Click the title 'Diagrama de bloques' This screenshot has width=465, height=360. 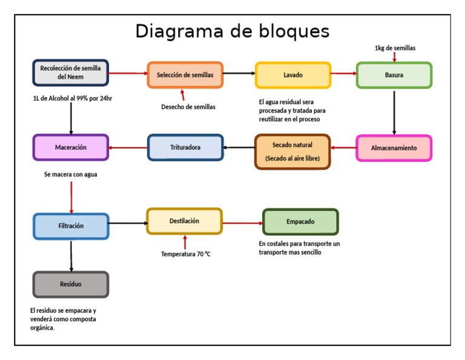click(x=232, y=31)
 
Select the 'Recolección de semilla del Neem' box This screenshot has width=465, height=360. click(x=71, y=73)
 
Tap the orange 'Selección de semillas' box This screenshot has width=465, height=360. click(x=185, y=75)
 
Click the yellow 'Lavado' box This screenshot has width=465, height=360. click(x=293, y=75)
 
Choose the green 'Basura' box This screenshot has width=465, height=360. click(x=394, y=75)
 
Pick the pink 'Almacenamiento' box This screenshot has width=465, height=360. click(x=394, y=148)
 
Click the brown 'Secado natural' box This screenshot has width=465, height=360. click(x=292, y=152)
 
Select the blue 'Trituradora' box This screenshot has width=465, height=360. click(x=185, y=147)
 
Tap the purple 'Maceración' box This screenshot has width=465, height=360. click(x=71, y=147)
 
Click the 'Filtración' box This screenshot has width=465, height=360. click(x=71, y=226)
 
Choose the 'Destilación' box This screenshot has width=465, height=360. click(x=184, y=221)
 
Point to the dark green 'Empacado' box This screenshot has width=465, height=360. click(x=300, y=222)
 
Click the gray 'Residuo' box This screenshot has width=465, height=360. click(x=71, y=284)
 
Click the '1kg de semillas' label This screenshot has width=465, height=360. click(x=395, y=48)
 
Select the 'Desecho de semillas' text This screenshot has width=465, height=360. click(x=188, y=107)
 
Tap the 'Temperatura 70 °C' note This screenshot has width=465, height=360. click(x=186, y=254)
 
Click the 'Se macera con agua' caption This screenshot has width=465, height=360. click(x=70, y=175)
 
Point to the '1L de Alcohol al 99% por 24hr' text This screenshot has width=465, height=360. click(x=72, y=98)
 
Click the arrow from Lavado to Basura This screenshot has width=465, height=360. click(x=344, y=74)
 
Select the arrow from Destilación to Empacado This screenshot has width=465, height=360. click(x=242, y=223)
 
